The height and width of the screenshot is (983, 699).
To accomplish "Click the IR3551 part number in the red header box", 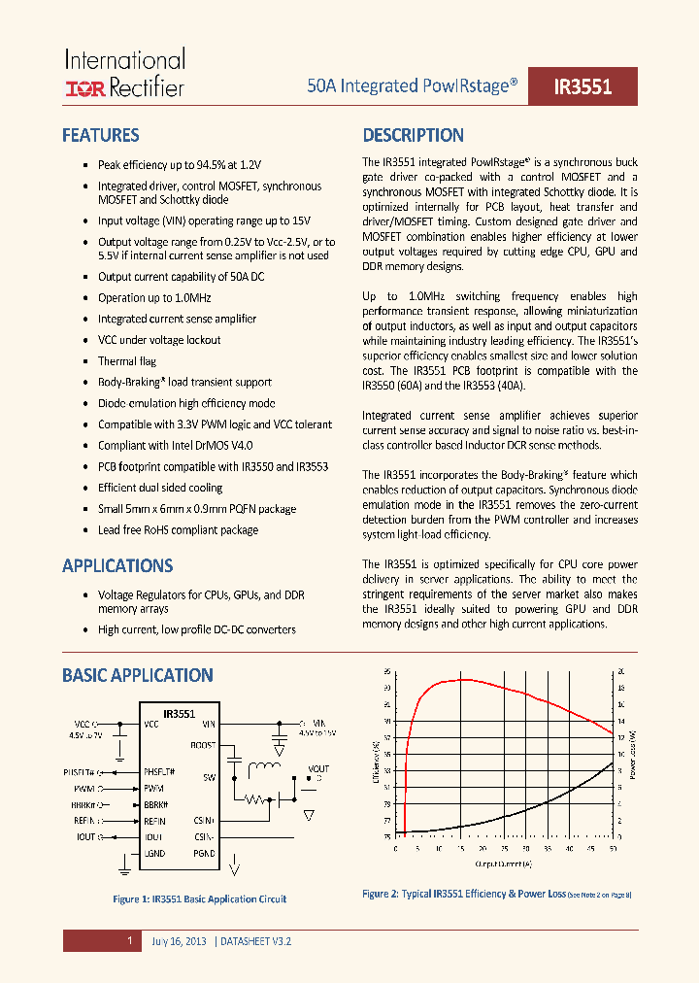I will coord(582,86).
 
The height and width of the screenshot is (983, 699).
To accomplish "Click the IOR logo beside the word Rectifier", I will coord(83,89).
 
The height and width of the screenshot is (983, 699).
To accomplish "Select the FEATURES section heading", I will coord(100,136).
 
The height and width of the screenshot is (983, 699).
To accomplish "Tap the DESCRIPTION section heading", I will coord(413,136).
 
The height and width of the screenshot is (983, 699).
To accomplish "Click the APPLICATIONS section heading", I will coord(117,566).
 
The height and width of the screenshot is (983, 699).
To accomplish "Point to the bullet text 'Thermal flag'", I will coord(127,361).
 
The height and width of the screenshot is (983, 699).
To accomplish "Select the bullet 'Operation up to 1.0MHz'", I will coord(153,298).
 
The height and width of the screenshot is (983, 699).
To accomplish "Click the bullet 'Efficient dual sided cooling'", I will coord(160,488).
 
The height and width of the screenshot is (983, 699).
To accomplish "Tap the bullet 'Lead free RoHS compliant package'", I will coord(178,530).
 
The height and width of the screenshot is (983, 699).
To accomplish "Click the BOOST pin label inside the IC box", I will coord(203,745).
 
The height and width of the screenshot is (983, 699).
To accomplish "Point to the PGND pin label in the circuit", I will coord(204,853).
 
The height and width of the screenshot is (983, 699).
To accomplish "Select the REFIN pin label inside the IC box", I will coord(156,821).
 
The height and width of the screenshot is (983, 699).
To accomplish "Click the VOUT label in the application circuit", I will coord(317,769).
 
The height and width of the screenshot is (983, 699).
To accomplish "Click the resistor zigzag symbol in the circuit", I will coord(256,800).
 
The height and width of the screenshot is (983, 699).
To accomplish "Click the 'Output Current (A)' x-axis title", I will coord(504,863).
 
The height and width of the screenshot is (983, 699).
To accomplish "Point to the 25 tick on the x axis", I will coord(504,848).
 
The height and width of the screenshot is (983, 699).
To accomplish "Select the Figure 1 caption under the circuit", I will coord(200,899).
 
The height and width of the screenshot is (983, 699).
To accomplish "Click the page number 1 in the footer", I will coord(129,941).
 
